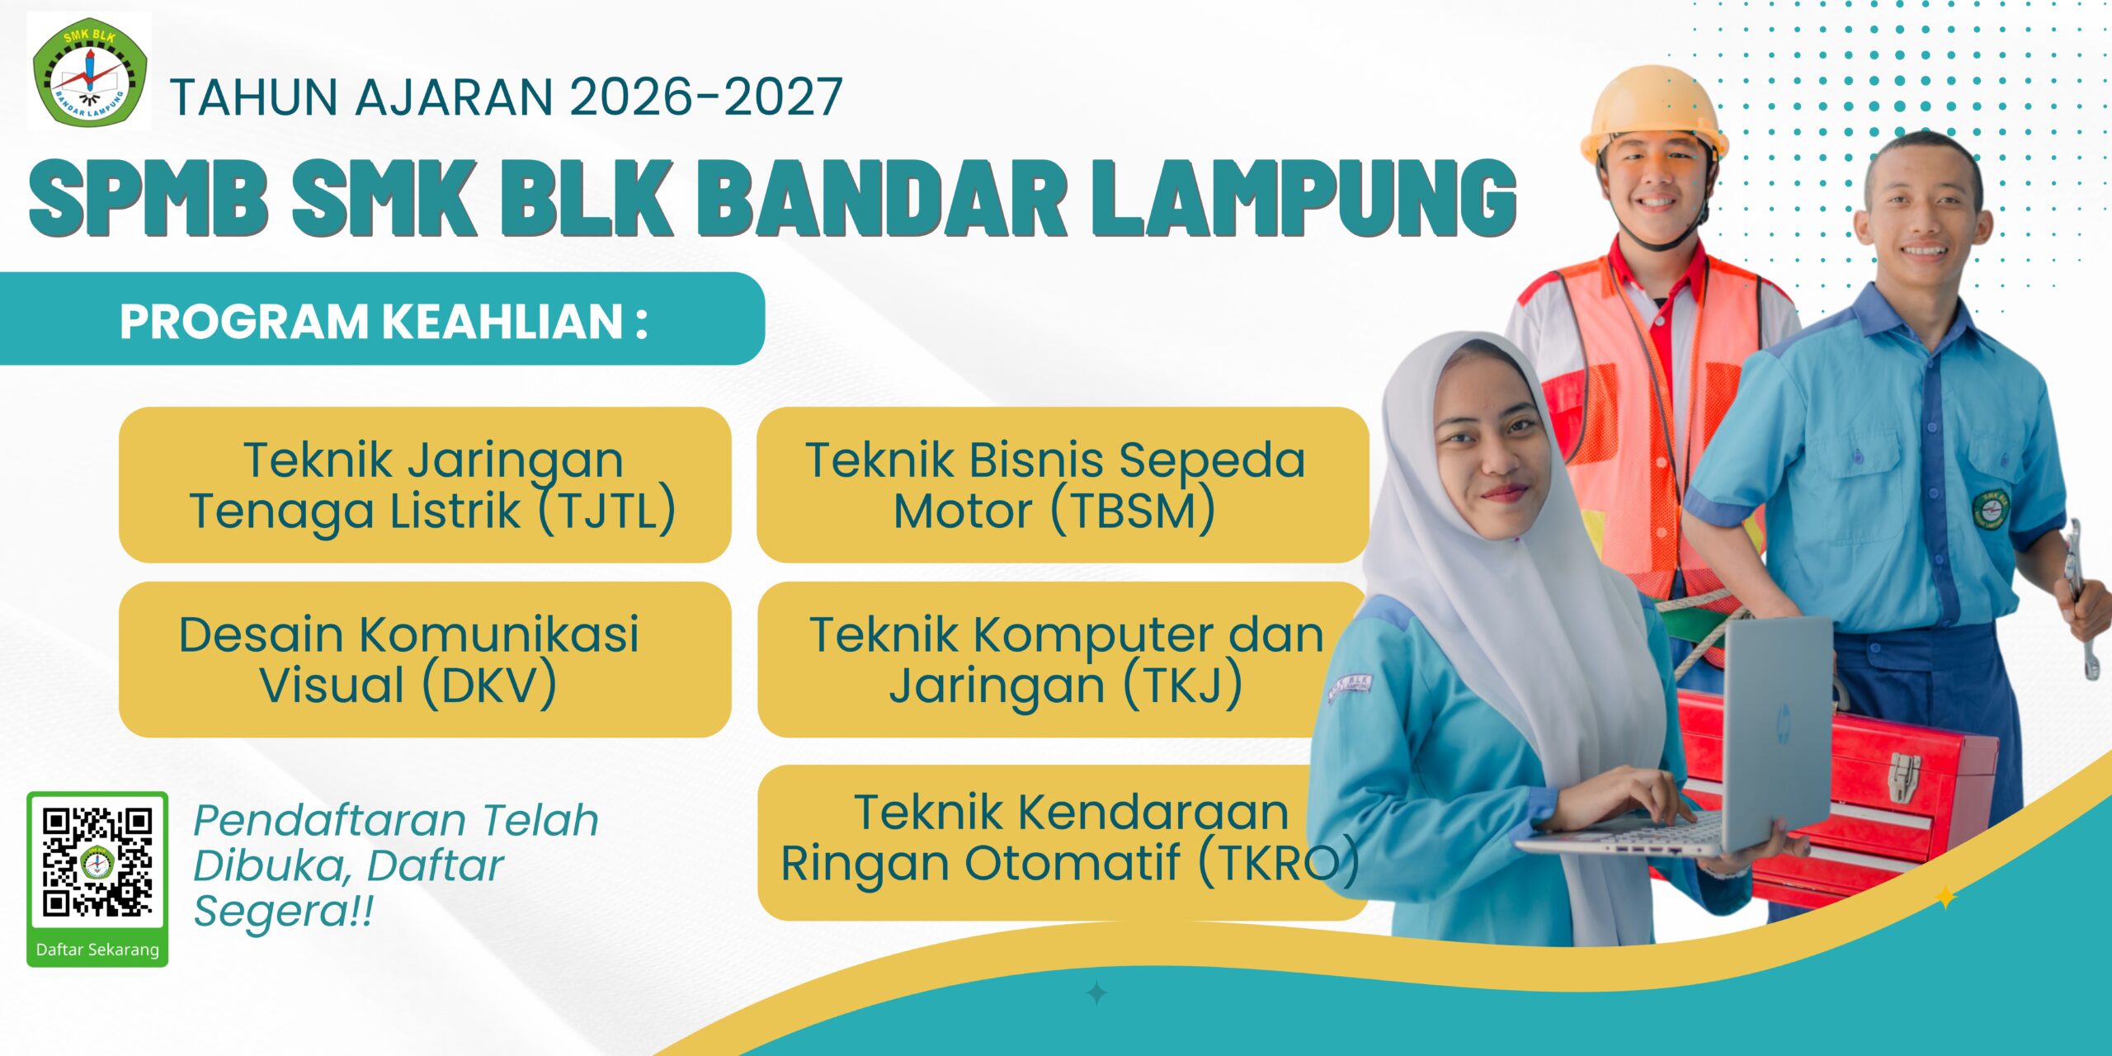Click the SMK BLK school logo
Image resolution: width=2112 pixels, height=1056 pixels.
(x=89, y=73)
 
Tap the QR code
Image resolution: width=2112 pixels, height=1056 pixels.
(x=97, y=862)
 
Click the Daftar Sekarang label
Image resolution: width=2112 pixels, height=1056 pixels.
(x=97, y=950)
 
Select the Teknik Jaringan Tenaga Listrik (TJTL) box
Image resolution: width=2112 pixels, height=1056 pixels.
(x=425, y=485)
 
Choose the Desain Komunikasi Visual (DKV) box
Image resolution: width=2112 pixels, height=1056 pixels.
(x=425, y=659)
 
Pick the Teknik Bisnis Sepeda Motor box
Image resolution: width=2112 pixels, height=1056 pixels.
(x=1063, y=485)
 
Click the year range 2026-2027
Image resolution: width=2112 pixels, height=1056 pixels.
(x=706, y=97)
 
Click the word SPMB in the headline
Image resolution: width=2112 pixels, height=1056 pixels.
(x=148, y=198)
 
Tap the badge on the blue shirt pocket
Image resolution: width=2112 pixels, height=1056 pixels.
(x=1990, y=508)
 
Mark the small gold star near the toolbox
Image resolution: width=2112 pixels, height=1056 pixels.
(x=1945, y=898)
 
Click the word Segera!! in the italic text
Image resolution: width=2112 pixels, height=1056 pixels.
(x=283, y=912)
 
